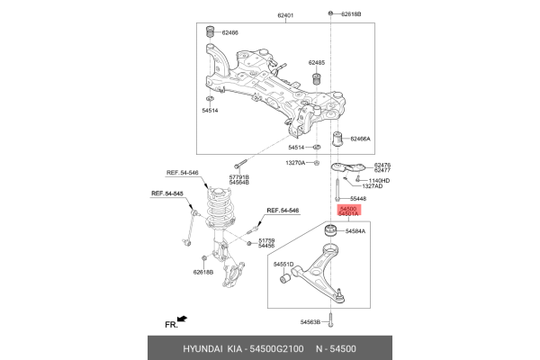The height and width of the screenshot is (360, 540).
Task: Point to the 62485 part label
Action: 316,63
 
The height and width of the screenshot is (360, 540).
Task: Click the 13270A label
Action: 295,163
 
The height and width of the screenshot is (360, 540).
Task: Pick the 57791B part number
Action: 238,178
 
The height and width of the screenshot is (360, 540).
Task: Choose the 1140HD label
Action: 379,181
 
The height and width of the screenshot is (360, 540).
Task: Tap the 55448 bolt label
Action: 357,198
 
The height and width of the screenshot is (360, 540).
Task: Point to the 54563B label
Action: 309,321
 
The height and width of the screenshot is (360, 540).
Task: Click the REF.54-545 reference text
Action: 167,193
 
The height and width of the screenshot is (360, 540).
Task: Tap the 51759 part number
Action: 266,240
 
